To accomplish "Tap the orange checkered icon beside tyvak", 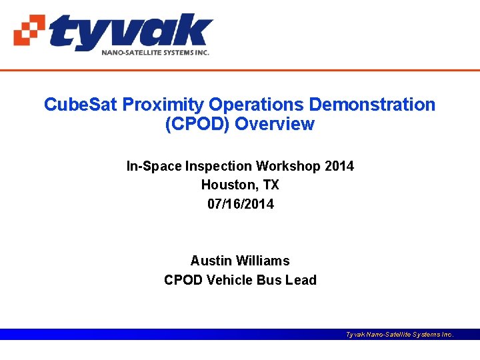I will [x=30, y=30].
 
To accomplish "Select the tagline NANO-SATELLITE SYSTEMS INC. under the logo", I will [x=155, y=52].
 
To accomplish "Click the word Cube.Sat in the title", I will [x=81, y=105].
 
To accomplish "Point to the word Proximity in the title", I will [x=163, y=105].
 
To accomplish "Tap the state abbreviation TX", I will [x=269, y=185].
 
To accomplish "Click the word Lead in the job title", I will [x=301, y=280].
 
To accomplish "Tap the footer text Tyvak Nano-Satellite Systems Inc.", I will [x=399, y=335].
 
